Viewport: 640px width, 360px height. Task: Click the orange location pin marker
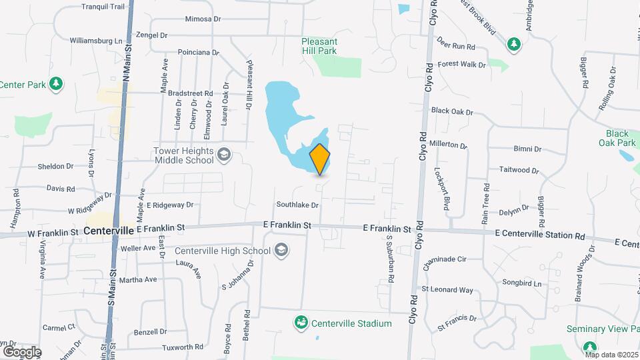320,159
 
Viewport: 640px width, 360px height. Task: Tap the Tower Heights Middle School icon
224,155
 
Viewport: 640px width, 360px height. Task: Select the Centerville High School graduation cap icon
281,251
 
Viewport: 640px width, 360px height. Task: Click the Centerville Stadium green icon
302,323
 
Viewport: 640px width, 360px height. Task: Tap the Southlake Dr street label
298,205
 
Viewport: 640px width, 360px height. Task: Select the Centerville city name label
109,230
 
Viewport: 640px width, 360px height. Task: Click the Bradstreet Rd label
190,94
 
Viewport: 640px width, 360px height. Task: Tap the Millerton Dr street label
449,144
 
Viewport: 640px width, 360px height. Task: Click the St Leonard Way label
447,290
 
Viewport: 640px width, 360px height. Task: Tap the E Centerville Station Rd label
539,235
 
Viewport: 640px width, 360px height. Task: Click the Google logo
22,351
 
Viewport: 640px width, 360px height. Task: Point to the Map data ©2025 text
611,355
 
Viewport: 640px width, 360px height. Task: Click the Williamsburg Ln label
97,41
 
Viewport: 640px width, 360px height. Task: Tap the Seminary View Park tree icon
589,346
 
